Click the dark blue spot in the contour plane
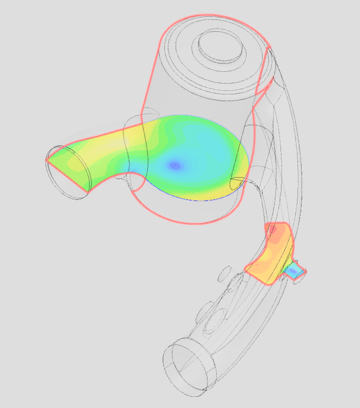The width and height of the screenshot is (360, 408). point(175,165)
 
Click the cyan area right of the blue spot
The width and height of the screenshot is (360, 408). point(210,160)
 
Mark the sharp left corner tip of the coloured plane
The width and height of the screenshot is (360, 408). point(46,160)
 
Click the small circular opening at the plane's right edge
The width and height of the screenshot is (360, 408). point(237,181)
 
